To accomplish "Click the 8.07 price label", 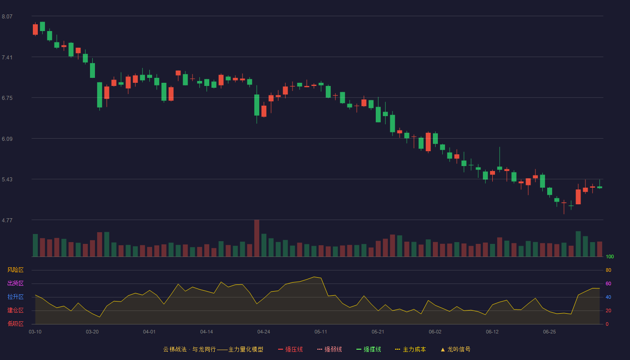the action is click(x=7, y=17).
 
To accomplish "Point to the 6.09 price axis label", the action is click(x=7, y=139).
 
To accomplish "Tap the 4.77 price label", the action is click(x=7, y=220).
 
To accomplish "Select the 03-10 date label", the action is click(x=35, y=332).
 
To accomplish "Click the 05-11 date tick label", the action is click(x=320, y=332).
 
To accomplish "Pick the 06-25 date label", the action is click(x=549, y=332).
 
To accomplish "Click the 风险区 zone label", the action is click(x=15, y=270).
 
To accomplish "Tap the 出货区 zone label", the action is click(x=15, y=283).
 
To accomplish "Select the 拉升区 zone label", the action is click(x=15, y=297).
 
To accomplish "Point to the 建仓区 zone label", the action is click(x=15, y=310).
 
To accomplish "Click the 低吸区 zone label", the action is click(x=15, y=324).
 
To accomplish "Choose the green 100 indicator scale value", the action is click(x=610, y=256).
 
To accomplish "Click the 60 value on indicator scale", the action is click(x=608, y=283).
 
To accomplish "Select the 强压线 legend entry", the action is click(x=290, y=349).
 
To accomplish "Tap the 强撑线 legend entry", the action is click(x=369, y=349).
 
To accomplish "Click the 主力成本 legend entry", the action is click(x=410, y=349).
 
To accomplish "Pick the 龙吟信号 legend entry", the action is click(x=455, y=349).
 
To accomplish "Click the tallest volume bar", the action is click(x=257, y=238).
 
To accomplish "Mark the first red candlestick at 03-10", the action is click(x=35, y=30).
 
